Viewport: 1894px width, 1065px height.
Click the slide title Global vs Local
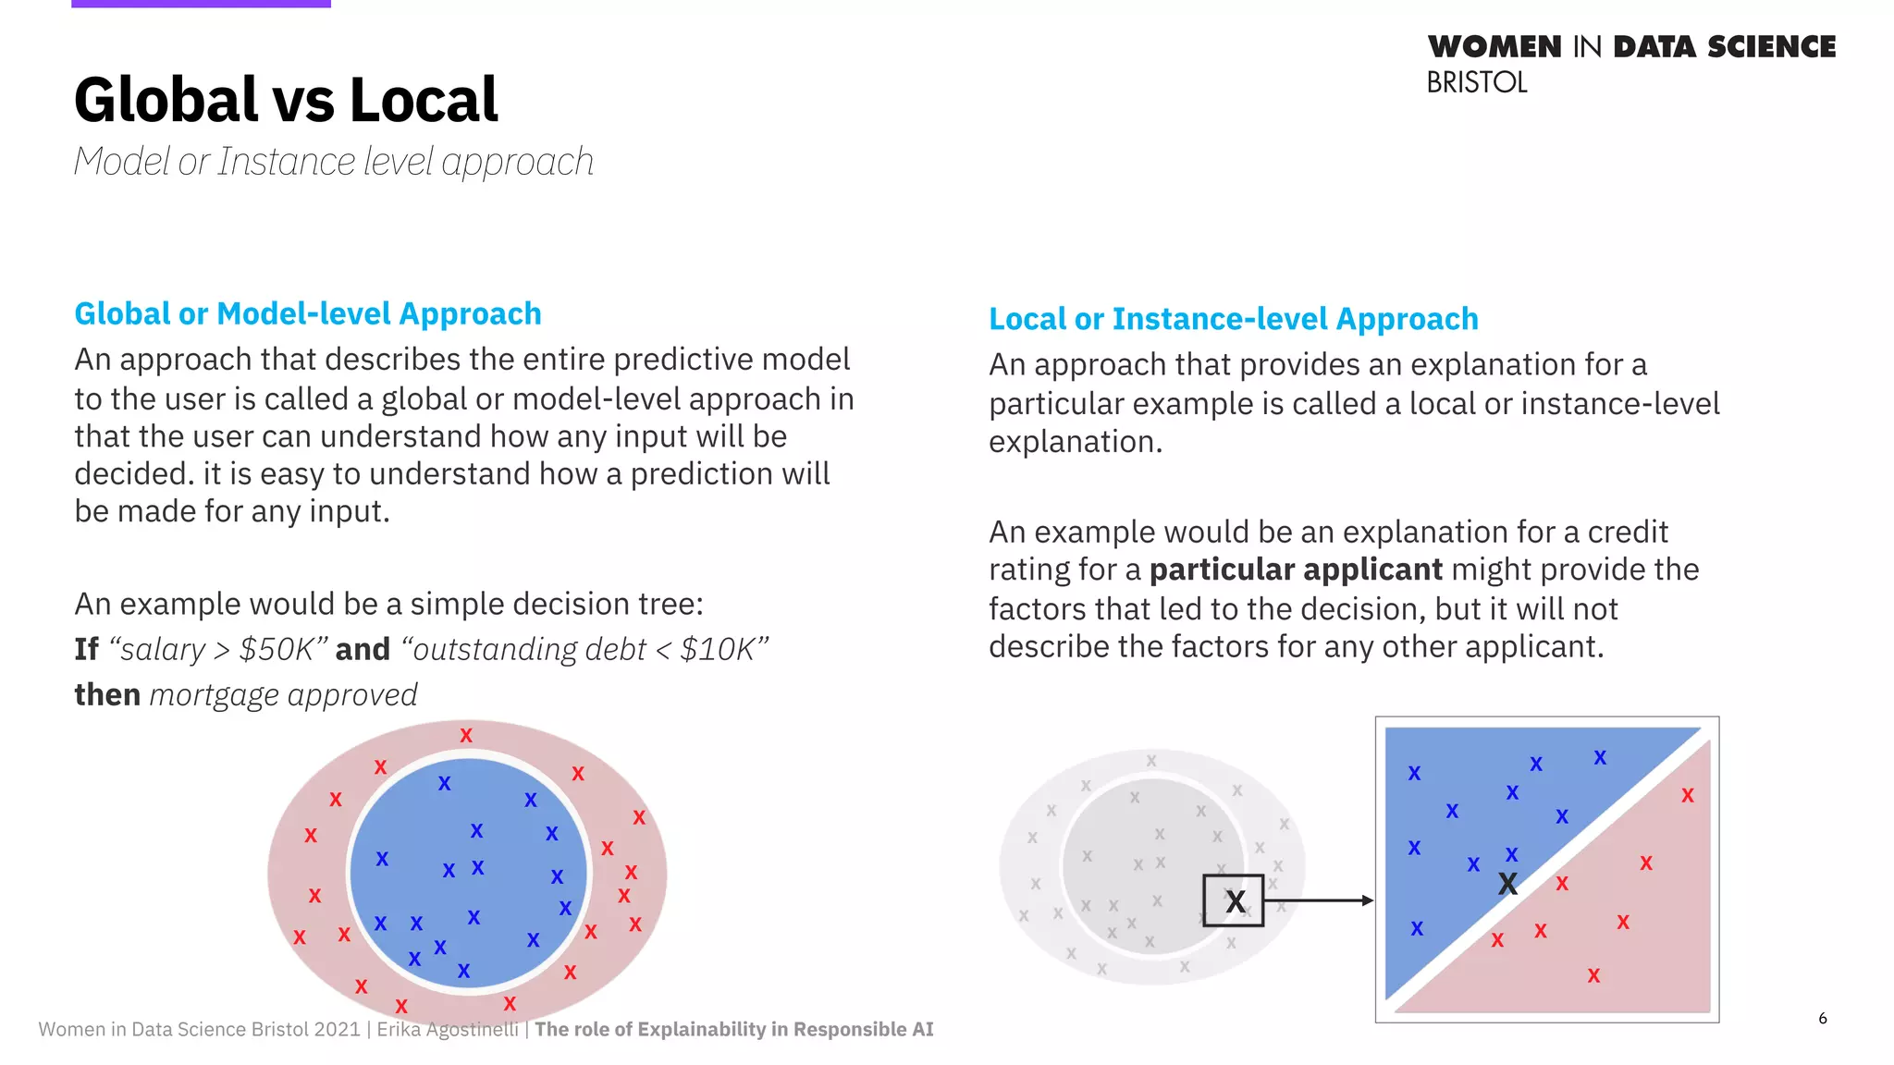286,100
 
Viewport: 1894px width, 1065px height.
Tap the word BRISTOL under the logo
1476,83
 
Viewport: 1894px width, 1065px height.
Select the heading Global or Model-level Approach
308,314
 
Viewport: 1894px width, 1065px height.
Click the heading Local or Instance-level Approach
1233,319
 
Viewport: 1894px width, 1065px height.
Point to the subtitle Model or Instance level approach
333,162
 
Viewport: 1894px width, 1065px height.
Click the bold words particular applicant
1295,569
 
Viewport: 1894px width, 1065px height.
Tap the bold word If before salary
86,649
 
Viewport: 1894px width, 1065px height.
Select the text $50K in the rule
277,649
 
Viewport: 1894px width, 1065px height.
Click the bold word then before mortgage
107,694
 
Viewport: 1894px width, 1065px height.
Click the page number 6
1822,1018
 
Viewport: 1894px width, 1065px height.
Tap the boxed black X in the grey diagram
1235,900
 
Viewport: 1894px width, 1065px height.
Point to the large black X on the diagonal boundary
1507,884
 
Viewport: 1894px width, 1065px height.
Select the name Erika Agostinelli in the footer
447,1029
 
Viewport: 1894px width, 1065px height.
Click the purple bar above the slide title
201,4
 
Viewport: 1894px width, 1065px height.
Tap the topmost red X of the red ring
466,736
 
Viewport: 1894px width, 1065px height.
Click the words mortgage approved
283,694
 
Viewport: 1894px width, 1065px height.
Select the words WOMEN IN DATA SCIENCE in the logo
1631,46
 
